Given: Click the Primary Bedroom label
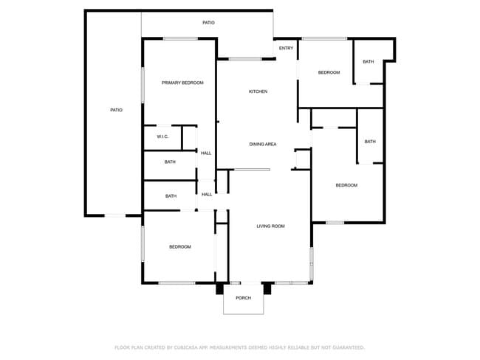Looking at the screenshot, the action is point(182,83).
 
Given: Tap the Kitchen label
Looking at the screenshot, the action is point(258,91).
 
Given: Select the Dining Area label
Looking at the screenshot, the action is point(263,144).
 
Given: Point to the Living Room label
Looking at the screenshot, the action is point(270,226).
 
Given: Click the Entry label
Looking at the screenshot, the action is point(287,48).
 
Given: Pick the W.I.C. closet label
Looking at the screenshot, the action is point(162,136).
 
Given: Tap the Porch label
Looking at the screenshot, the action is point(244,297).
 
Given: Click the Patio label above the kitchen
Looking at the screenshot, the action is point(208,23).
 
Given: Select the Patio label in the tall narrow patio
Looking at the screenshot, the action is point(117,110).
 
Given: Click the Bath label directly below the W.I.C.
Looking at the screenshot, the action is point(170,162).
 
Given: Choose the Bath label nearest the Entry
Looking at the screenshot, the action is point(368,61).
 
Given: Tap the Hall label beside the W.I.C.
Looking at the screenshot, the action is point(206,153).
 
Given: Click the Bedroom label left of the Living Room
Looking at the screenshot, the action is point(180,246).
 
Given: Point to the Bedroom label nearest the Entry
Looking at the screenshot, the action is point(329,72).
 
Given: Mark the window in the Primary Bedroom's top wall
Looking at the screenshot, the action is point(180,38).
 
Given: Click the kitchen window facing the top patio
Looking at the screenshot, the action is point(245,59).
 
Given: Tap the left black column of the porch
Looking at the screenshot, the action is point(220,288).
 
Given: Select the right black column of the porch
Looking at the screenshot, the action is point(267,288).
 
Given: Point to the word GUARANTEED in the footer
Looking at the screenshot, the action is point(349,347).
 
